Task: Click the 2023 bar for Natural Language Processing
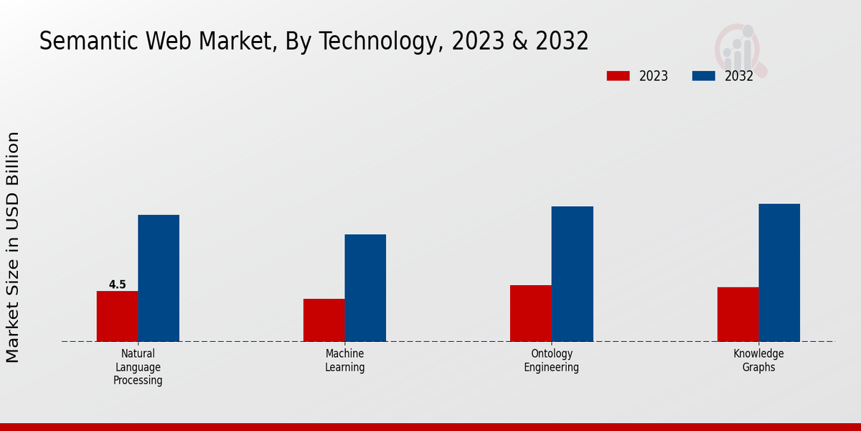tap(117, 316)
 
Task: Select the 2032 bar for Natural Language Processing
tap(159, 278)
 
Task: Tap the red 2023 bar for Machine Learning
tap(324, 320)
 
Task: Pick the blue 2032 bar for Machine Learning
tap(365, 287)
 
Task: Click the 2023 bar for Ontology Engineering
tap(531, 313)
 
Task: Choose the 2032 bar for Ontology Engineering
tap(573, 274)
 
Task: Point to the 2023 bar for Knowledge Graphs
tap(738, 314)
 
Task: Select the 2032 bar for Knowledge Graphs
tap(779, 272)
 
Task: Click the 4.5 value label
tap(117, 284)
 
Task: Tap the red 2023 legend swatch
tap(618, 76)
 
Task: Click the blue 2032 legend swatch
tap(704, 76)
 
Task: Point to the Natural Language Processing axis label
tap(138, 367)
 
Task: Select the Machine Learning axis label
tap(344, 361)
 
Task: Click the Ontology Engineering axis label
tap(551, 361)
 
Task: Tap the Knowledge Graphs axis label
tap(758, 361)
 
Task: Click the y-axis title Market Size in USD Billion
tap(13, 247)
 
